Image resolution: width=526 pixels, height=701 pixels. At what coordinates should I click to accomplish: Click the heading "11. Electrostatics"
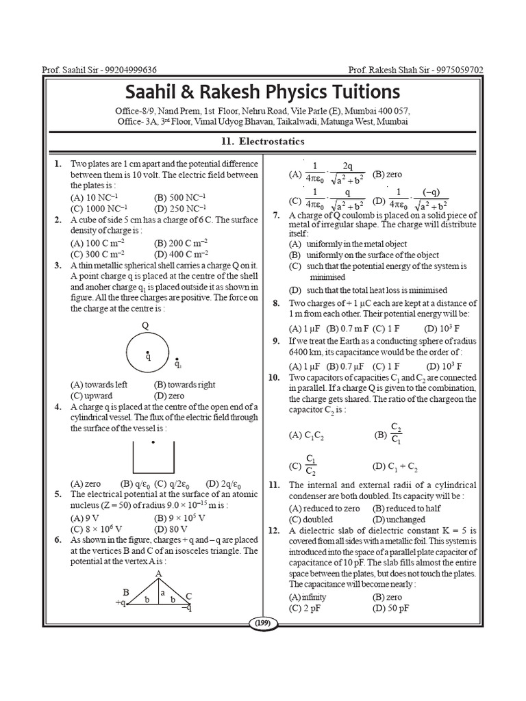click(x=262, y=142)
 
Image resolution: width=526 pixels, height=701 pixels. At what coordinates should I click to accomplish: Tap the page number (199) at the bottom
click(x=262, y=623)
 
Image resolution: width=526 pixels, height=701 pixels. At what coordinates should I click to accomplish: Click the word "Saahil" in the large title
click(x=159, y=91)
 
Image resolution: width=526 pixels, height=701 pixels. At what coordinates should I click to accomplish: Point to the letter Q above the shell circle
click(x=145, y=325)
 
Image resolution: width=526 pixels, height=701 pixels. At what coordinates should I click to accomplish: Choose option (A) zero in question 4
click(x=86, y=483)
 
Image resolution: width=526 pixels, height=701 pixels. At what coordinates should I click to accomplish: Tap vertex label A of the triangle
click(x=158, y=573)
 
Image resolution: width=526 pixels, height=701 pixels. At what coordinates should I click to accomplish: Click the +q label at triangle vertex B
click(x=121, y=603)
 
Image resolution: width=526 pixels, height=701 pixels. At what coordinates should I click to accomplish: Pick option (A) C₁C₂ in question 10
click(x=308, y=434)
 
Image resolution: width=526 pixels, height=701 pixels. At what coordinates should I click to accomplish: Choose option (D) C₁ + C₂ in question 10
click(x=394, y=467)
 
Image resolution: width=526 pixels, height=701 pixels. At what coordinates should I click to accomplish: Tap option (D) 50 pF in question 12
click(x=391, y=608)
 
